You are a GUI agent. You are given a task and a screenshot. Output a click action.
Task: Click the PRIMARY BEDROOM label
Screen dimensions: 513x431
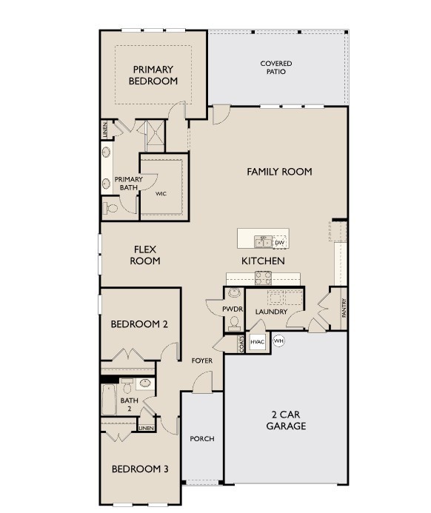(x=153, y=76)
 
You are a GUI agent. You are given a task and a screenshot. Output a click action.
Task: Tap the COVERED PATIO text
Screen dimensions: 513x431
(x=275, y=68)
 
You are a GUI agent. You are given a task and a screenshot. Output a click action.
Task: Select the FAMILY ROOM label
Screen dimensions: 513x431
(x=279, y=172)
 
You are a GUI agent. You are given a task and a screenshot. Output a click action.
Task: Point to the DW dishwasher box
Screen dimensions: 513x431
(x=279, y=243)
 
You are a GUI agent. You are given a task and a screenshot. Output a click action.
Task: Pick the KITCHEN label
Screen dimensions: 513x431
(x=263, y=261)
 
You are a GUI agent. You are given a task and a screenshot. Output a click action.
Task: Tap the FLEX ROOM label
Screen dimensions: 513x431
(x=145, y=255)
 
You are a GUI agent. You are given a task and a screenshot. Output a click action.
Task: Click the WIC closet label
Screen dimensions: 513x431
(x=161, y=194)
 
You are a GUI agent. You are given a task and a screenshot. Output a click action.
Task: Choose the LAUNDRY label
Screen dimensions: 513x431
(x=272, y=312)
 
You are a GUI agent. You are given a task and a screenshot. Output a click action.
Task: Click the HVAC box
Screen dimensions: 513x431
(x=257, y=341)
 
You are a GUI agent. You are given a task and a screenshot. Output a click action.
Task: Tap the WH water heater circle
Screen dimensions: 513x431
(x=279, y=341)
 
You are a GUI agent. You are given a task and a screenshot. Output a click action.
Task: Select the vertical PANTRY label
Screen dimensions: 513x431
(x=344, y=309)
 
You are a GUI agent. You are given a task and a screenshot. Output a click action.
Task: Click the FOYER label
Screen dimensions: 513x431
(x=201, y=361)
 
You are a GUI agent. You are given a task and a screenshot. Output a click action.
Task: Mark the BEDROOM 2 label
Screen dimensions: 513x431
(x=139, y=324)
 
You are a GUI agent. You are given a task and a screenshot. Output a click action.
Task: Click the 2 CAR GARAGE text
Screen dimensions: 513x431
(x=286, y=420)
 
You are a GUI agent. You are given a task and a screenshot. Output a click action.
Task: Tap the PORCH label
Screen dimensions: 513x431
(x=201, y=439)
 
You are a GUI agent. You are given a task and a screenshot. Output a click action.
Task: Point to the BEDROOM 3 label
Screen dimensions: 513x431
(x=139, y=469)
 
